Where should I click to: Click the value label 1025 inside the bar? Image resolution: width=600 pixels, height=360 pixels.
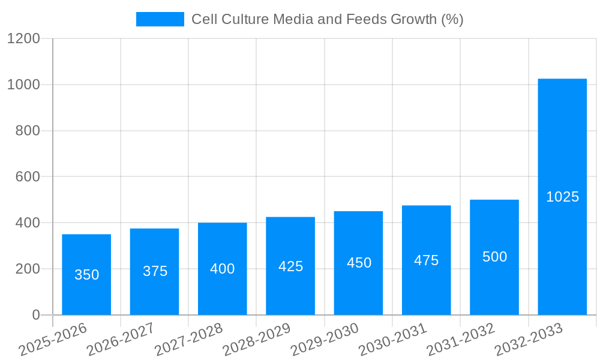point(562,197)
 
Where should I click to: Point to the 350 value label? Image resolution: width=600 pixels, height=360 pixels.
point(86,275)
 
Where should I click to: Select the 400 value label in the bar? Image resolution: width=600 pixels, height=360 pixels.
point(222,269)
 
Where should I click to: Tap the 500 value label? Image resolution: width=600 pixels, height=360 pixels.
point(494,257)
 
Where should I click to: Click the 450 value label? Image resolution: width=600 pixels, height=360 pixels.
point(359,263)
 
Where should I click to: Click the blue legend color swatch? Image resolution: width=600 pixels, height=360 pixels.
point(160,19)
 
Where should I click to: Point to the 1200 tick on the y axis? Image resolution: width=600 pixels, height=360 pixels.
point(23,38)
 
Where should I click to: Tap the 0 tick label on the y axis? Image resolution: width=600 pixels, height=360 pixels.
point(35,315)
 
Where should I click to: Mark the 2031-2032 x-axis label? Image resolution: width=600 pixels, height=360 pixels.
point(461,340)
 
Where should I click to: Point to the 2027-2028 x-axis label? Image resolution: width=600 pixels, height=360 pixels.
point(189,340)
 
